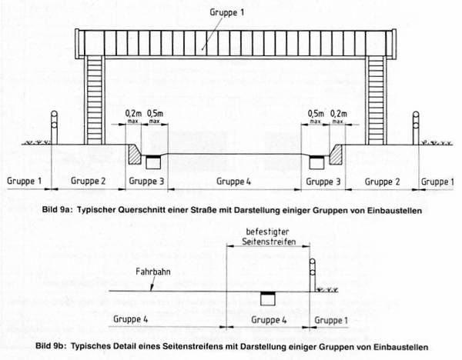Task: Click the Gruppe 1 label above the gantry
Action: click(227, 12)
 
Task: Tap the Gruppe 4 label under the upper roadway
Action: click(233, 182)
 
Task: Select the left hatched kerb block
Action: click(135, 154)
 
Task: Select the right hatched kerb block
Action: click(336, 154)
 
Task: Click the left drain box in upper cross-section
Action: click(153, 162)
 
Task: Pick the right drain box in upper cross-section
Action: click(317, 162)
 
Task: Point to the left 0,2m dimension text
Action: click(133, 114)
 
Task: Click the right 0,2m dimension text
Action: click(339, 114)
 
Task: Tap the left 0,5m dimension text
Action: click(155, 114)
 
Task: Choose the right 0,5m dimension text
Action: click(316, 114)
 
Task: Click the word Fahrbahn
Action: click(153, 272)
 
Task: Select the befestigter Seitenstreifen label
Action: click(269, 237)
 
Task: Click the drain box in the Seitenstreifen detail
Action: click(268, 298)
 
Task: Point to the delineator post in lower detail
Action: click(313, 275)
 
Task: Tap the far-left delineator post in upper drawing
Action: click(54, 128)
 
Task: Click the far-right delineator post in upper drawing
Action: click(416, 128)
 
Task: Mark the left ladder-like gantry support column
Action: click(95, 100)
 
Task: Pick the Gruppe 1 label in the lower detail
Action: click(331, 320)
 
